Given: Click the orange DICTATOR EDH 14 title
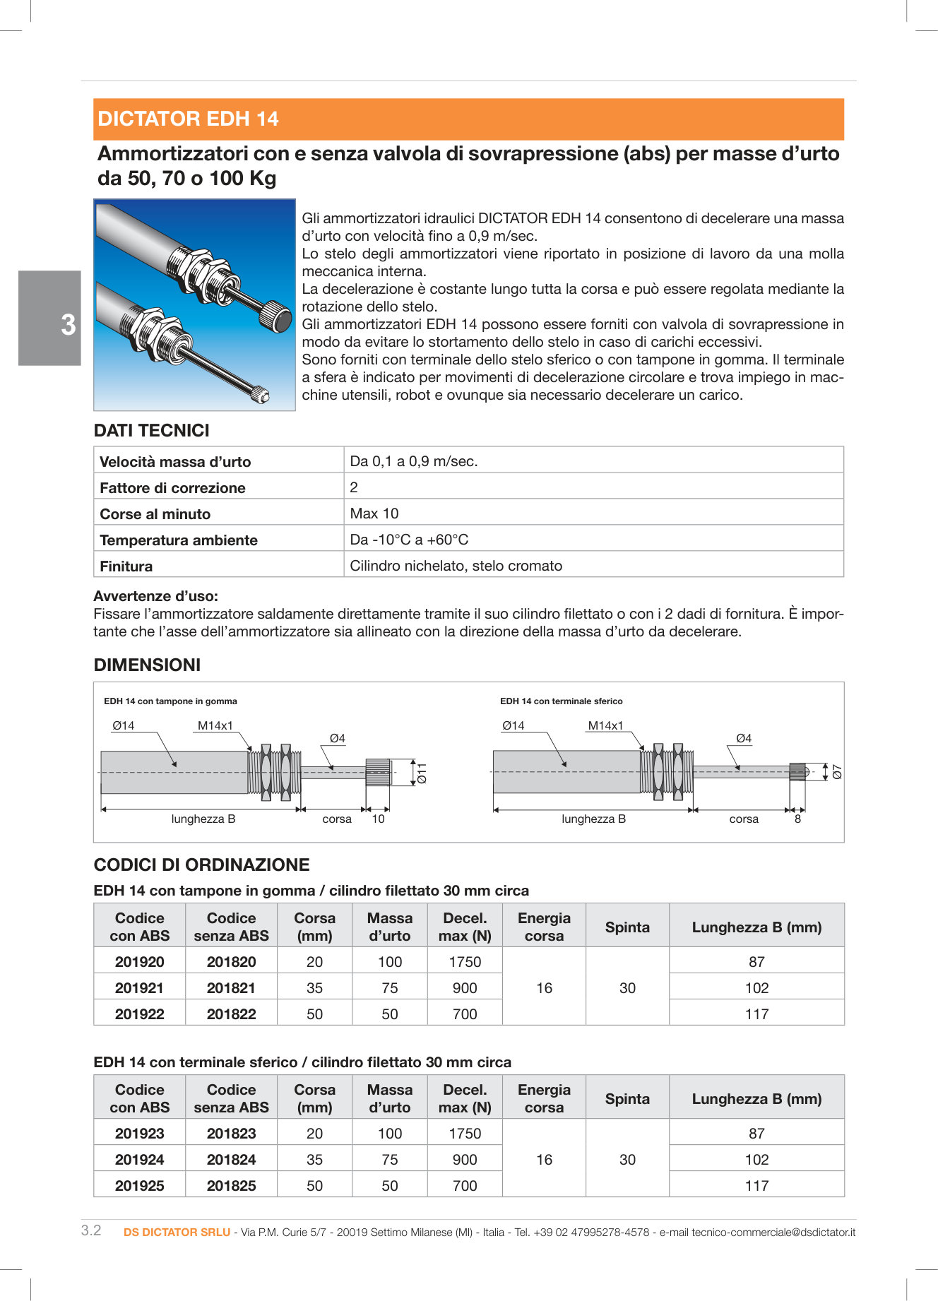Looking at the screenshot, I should click(x=188, y=119).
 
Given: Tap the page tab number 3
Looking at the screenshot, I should click(x=68, y=325).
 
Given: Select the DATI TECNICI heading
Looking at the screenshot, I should click(x=151, y=431).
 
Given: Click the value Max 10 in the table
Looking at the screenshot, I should click(x=374, y=513).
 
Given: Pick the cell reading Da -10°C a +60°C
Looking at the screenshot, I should click(x=409, y=540).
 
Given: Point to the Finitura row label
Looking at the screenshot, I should click(x=126, y=566).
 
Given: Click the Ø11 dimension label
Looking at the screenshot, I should click(x=422, y=773).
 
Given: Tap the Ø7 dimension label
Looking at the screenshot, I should click(x=837, y=771).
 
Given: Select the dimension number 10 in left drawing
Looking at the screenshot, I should click(x=378, y=819).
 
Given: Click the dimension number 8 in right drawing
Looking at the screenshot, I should click(x=797, y=819).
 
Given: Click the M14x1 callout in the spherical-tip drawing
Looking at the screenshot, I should click(x=605, y=725).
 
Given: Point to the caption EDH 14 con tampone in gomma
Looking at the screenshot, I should click(x=170, y=701).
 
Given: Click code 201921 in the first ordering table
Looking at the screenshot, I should click(x=139, y=988).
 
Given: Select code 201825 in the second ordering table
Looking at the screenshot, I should click(x=231, y=1186).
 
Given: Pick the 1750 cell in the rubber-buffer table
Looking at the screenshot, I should click(x=465, y=962).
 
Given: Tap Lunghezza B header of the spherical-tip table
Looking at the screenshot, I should click(x=756, y=1099).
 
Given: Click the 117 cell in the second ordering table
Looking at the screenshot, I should click(x=756, y=1186).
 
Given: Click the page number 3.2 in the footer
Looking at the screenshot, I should click(x=91, y=1230).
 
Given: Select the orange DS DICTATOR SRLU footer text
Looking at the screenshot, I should click(x=177, y=1232).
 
